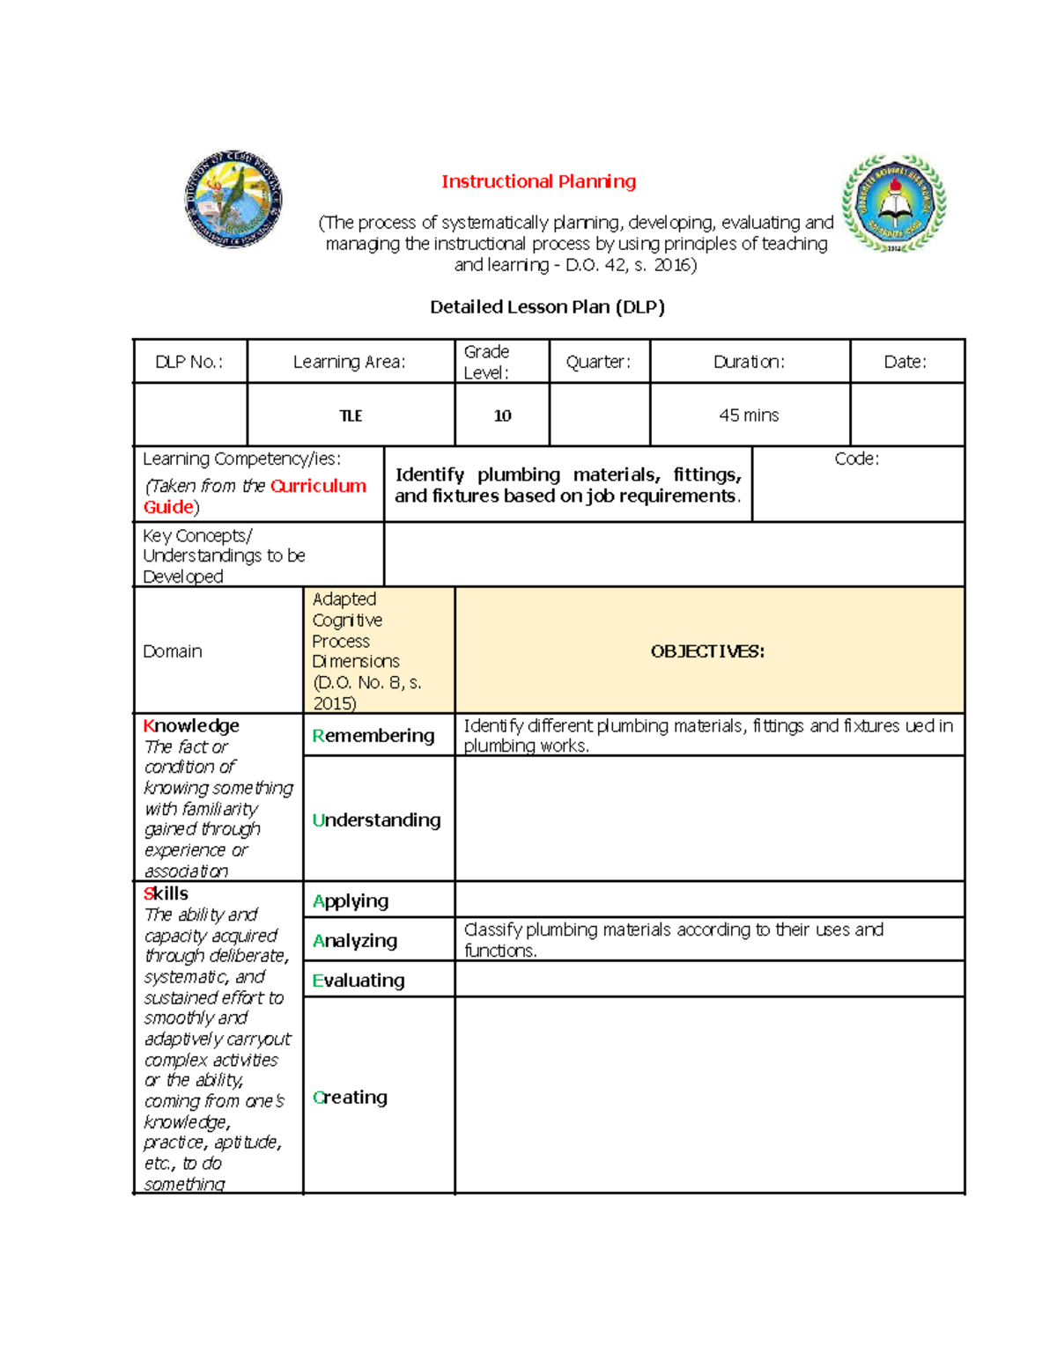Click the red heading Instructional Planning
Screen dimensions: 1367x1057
(x=538, y=181)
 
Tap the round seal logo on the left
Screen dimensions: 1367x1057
(x=233, y=198)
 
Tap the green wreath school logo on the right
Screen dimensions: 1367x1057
(x=893, y=203)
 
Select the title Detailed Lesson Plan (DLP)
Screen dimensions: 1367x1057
(x=547, y=307)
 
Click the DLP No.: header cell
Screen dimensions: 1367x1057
(x=188, y=362)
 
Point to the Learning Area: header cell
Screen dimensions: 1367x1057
(x=349, y=362)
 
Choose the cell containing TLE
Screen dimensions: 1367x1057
(x=351, y=415)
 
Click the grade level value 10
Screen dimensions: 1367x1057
(x=502, y=415)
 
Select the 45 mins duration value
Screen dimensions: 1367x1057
(x=749, y=415)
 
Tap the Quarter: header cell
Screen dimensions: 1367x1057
(x=598, y=362)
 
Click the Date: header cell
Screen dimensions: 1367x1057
(x=905, y=362)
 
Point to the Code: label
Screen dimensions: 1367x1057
(x=856, y=459)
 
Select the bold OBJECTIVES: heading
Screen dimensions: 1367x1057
(x=707, y=651)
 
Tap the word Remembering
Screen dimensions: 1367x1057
(x=373, y=736)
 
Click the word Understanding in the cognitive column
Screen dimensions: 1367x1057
(x=376, y=820)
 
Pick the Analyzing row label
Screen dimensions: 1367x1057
(x=355, y=941)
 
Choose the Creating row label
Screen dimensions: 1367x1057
(x=350, y=1098)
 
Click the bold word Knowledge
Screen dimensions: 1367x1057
(x=191, y=726)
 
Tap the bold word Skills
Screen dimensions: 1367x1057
(x=166, y=893)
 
